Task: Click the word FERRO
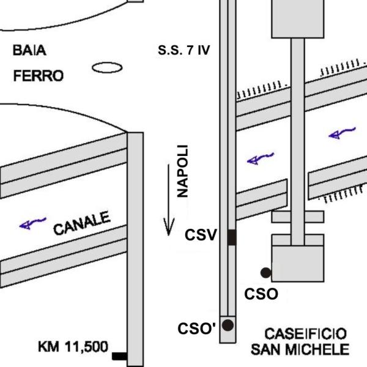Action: [39, 76]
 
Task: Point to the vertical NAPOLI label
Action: [182, 171]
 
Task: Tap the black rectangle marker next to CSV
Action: [231, 237]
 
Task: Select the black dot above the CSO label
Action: [265, 272]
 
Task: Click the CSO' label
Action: [197, 327]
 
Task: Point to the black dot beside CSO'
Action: [228, 325]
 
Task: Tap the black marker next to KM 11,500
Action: [119, 355]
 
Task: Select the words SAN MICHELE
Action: [300, 350]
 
